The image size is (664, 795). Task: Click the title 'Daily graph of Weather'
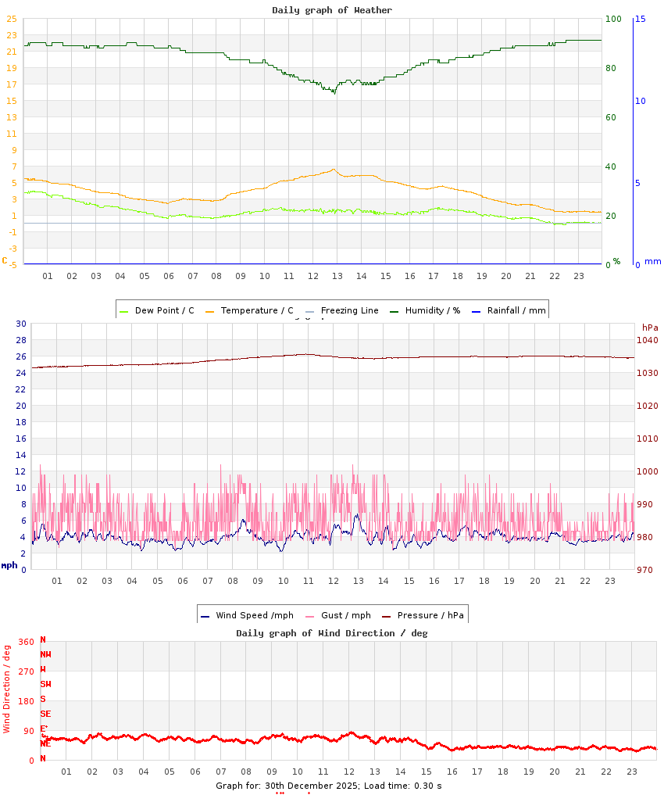pyautogui.click(x=332, y=10)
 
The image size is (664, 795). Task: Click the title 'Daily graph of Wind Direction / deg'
pyautogui.click(x=332, y=633)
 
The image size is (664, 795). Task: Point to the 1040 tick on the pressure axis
pyautogui.click(x=648, y=340)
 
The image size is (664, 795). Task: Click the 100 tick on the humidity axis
pyautogui.click(x=613, y=19)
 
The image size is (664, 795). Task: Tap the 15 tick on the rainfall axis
pyautogui.click(x=640, y=19)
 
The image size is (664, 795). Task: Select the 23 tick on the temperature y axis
pyautogui.click(x=12, y=35)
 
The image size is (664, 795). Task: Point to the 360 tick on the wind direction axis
pyautogui.click(x=27, y=642)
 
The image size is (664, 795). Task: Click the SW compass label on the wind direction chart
pyautogui.click(x=46, y=684)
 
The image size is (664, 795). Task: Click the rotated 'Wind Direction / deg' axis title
pyautogui.click(x=7, y=689)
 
